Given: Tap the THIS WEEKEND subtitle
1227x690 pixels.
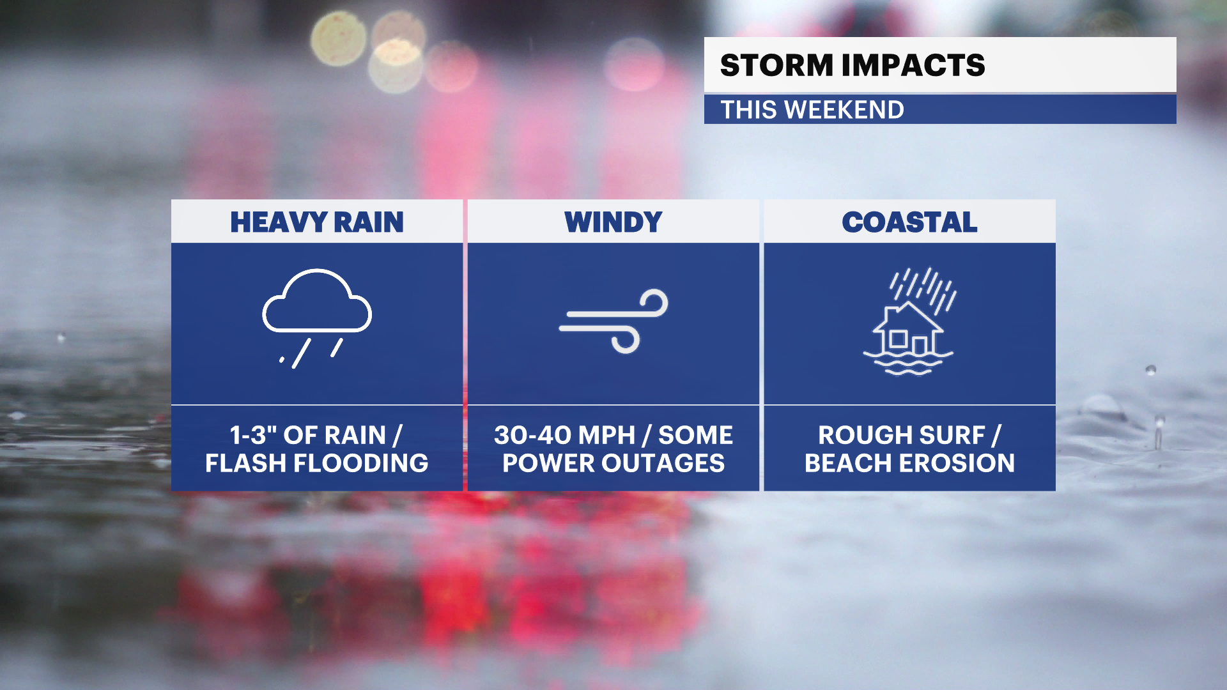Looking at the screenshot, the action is tap(812, 110).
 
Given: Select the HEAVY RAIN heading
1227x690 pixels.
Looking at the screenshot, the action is tap(317, 222).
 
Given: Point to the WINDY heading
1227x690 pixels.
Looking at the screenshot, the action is tap(613, 222).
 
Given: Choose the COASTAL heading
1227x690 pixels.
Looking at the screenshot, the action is tap(909, 222).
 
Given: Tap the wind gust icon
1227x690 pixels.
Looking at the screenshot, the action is tap(613, 321).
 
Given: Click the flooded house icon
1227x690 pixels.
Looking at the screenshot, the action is tap(909, 321).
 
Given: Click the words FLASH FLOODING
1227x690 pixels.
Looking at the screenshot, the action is tap(317, 463).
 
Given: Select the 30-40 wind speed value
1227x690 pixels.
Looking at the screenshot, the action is tap(532, 435).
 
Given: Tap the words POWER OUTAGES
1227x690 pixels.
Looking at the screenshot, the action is tap(613, 463).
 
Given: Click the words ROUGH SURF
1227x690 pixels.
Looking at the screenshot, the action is tap(902, 435).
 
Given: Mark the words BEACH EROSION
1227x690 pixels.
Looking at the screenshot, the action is tap(909, 463).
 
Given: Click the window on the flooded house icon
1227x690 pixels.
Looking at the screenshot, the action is tap(898, 339).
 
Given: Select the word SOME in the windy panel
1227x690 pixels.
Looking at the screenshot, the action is tap(695, 435).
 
